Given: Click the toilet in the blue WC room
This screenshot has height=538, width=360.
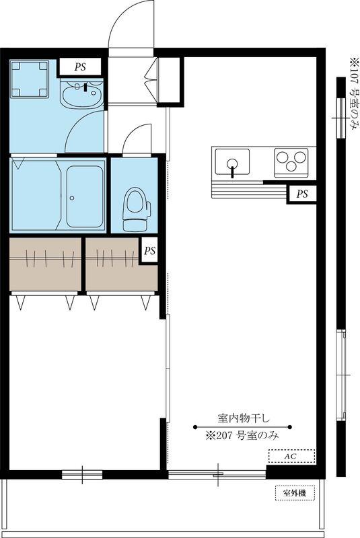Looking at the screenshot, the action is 137,209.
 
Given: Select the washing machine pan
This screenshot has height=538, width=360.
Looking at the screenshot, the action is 30,79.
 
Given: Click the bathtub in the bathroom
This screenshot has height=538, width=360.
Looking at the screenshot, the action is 85,197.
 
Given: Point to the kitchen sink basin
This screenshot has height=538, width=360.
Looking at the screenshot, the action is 232,161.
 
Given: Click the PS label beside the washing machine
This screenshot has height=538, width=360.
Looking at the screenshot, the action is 80,67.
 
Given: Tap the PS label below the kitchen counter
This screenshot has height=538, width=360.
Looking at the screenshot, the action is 302,194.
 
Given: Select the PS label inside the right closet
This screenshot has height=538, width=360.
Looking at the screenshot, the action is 149,251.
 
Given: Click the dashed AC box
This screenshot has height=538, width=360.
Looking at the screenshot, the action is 291,457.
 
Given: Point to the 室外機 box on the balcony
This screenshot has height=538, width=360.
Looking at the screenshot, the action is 295,494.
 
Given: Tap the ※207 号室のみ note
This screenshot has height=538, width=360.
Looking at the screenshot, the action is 242,436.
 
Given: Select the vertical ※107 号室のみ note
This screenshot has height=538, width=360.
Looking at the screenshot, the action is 353,93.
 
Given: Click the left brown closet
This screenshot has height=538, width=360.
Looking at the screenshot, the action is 45,264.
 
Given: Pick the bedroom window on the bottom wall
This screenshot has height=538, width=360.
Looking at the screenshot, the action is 82,475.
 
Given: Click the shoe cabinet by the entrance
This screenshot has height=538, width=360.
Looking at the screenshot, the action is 169,79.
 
